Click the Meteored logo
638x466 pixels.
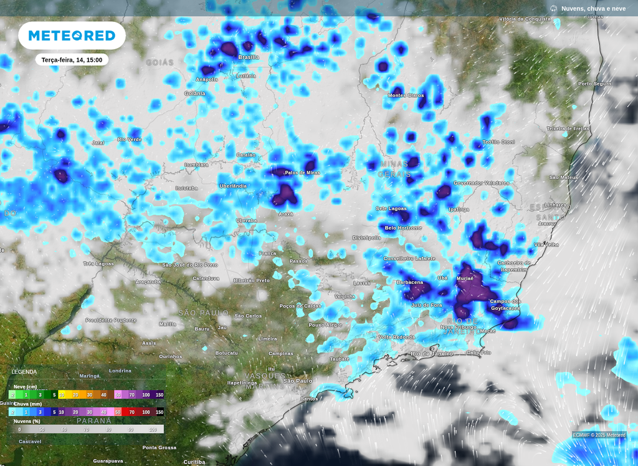pyautogui.click(x=72, y=36)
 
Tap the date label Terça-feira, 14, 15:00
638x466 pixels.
pyautogui.click(x=72, y=60)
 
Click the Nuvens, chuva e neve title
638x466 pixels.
pyautogui.click(x=593, y=8)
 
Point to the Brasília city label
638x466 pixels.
pyautogui.click(x=249, y=57)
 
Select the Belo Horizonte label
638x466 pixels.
pyautogui.click(x=403, y=228)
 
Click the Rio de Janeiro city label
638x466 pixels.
pyautogui.click(x=432, y=354)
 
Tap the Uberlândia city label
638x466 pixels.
pyautogui.click(x=233, y=186)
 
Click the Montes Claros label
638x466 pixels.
pyautogui.click(x=406, y=95)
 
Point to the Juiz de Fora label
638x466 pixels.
pyautogui.click(x=426, y=305)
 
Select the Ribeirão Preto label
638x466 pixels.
pyautogui.click(x=252, y=281)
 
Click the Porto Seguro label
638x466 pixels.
pyautogui.click(x=594, y=84)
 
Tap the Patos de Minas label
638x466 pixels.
pyautogui.click(x=302, y=172)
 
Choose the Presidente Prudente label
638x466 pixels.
pyautogui.click(x=111, y=320)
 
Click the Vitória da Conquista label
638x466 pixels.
pyautogui.click(x=525, y=19)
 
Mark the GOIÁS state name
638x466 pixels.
pyautogui.click(x=159, y=62)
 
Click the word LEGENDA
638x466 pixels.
pyautogui.click(x=24, y=372)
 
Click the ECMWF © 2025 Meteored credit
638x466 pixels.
pyautogui.click(x=599, y=435)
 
